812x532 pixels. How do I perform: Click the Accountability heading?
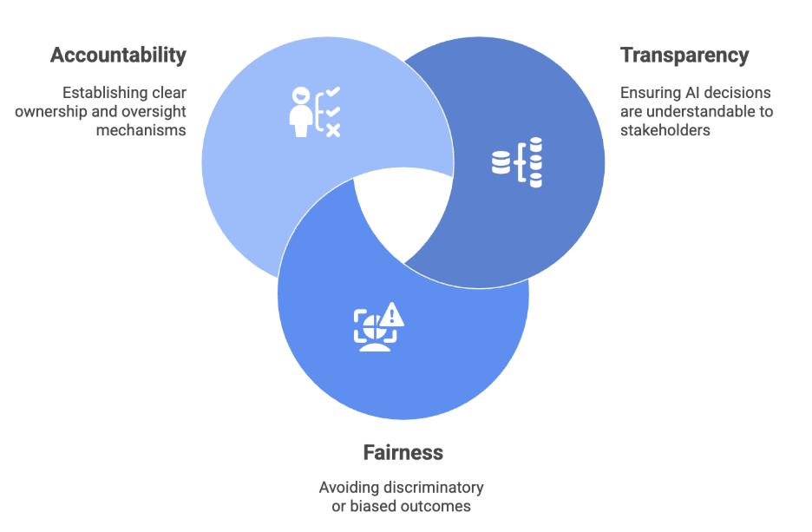click(118, 56)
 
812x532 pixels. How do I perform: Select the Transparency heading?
click(684, 56)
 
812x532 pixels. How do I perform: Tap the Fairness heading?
click(403, 453)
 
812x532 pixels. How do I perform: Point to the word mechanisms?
click(142, 130)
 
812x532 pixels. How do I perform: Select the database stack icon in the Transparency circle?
click(517, 161)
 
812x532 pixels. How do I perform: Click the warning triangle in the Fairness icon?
click(393, 312)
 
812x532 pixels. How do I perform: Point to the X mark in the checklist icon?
click(333, 129)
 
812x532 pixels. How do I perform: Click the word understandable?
click(699, 111)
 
